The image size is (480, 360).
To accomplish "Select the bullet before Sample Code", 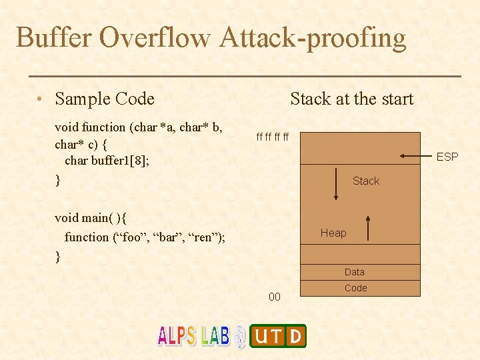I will click(x=41, y=100).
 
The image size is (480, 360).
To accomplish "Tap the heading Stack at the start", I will click(x=351, y=99).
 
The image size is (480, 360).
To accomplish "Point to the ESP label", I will click(x=447, y=157).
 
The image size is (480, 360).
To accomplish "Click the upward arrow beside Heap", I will click(x=367, y=228).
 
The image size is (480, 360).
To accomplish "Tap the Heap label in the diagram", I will click(x=333, y=233).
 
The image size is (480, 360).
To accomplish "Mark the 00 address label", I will click(x=274, y=297).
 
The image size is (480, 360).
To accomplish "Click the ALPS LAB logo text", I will click(x=193, y=335).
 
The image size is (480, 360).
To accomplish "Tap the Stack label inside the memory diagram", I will click(x=365, y=181).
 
